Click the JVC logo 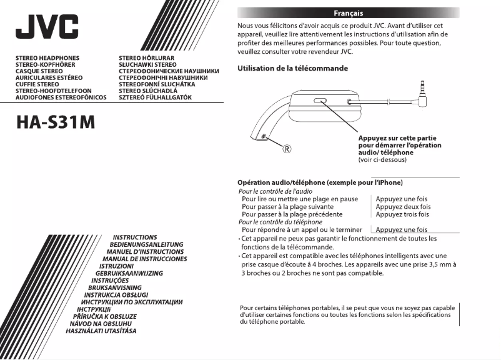pyautogui.click(x=47, y=26)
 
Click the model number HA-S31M pyautogui.click(x=56, y=122)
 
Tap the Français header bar pyautogui.click(x=349, y=12)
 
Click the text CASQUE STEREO pyautogui.click(x=39, y=71)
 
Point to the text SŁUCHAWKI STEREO pyautogui.click(x=147, y=64)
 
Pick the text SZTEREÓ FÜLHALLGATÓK pyautogui.click(x=155, y=98)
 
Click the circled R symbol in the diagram pyautogui.click(x=288, y=149)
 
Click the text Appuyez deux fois pyautogui.click(x=403, y=206)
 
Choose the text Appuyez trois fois pyautogui.click(x=402, y=214)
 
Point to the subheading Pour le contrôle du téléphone pyautogui.click(x=280, y=222)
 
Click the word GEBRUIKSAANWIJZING pyautogui.click(x=129, y=274)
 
